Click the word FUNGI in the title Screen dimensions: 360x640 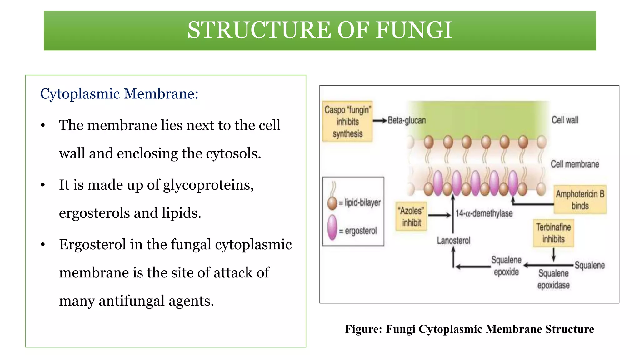(x=414, y=30)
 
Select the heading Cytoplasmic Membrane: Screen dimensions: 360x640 (x=119, y=94)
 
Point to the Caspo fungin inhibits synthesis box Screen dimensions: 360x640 (x=347, y=122)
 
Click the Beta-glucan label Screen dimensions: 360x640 (x=407, y=120)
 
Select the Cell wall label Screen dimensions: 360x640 (x=565, y=120)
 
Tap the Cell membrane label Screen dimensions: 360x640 (x=574, y=164)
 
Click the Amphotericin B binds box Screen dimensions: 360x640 (x=580, y=200)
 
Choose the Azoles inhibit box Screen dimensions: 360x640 (x=411, y=217)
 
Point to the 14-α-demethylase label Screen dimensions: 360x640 (x=484, y=213)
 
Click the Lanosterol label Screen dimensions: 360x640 (x=453, y=241)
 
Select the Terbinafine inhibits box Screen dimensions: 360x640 (x=553, y=233)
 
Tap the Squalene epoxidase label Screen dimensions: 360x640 (x=553, y=279)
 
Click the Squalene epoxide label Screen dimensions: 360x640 (x=506, y=266)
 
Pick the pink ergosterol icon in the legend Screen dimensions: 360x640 (x=332, y=227)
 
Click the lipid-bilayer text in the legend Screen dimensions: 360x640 (x=362, y=202)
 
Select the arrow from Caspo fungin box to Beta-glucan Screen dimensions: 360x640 (x=380, y=121)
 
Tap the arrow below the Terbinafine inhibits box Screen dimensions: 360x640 (x=553, y=255)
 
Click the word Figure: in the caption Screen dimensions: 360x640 (x=363, y=329)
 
